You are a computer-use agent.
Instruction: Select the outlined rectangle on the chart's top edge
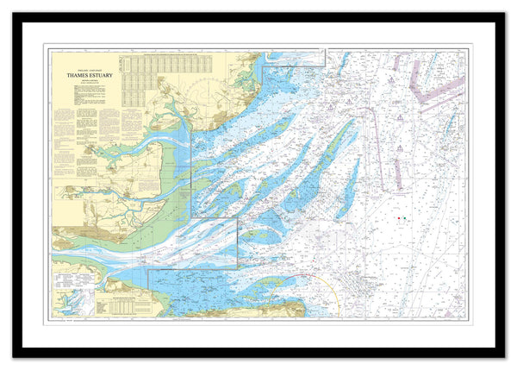point(293,57)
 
